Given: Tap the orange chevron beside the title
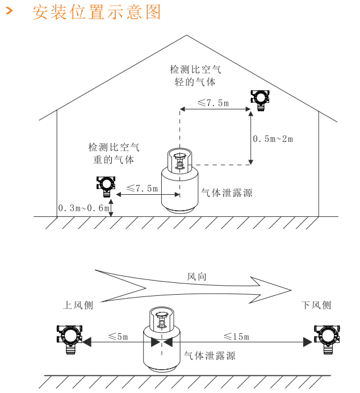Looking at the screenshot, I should (x=9, y=12).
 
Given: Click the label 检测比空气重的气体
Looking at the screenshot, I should (x=114, y=153).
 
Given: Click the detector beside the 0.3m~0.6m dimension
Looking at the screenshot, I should (x=105, y=185).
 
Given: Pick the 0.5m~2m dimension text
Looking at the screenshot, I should (x=273, y=139).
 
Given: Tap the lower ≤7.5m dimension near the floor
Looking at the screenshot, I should (x=142, y=189).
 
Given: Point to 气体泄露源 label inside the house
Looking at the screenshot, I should (x=227, y=193).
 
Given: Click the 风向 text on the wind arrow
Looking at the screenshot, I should (x=197, y=277).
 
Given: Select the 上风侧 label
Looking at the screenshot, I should (x=78, y=306).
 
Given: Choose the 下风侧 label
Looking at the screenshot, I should (x=316, y=306).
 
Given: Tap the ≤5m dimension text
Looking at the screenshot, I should (x=118, y=336).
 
